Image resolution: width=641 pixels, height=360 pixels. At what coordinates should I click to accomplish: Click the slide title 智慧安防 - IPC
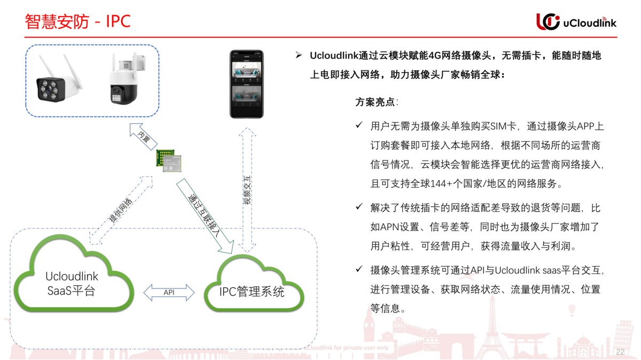click(78, 21)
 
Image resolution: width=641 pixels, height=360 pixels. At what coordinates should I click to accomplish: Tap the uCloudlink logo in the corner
click(576, 21)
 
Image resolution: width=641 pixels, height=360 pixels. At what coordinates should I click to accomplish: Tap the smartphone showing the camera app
click(246, 84)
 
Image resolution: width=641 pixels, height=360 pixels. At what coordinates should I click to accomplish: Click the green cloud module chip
click(169, 160)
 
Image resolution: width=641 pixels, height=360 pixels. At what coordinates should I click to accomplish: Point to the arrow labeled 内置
click(143, 137)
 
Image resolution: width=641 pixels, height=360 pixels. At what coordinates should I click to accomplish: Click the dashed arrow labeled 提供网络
click(121, 210)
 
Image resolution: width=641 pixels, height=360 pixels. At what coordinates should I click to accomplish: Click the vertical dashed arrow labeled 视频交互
click(247, 190)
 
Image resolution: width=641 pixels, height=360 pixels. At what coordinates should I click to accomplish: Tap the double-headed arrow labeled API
click(169, 292)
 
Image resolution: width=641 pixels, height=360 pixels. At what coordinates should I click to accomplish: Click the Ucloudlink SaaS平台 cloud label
click(72, 284)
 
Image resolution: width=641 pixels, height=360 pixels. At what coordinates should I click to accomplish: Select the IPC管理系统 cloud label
click(252, 292)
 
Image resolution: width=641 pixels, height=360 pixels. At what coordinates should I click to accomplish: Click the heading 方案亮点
click(376, 102)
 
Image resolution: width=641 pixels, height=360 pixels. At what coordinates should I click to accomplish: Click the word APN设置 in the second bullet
click(396, 227)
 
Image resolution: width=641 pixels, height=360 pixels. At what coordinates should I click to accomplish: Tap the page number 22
click(620, 352)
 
